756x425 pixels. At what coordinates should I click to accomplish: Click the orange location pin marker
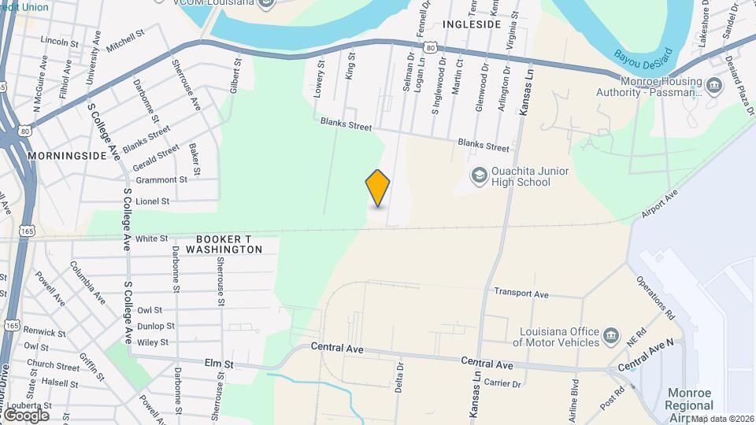click(x=378, y=187)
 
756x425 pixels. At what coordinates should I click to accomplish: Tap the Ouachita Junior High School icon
click(x=478, y=175)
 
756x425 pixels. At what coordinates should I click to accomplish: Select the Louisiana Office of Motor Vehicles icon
click(x=611, y=337)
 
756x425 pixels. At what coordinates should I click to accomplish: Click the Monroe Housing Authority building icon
click(x=714, y=85)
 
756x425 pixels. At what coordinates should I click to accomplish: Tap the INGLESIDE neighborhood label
click(x=472, y=24)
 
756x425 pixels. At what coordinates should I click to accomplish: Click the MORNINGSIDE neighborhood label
click(x=67, y=156)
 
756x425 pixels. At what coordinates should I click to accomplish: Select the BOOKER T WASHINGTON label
click(x=228, y=244)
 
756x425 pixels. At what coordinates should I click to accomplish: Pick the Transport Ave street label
click(x=521, y=293)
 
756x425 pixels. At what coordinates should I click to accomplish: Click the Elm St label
click(x=220, y=364)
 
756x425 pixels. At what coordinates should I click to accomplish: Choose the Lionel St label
click(x=153, y=201)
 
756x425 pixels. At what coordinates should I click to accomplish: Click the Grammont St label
click(x=161, y=179)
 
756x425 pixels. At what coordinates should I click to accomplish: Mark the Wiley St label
click(x=153, y=342)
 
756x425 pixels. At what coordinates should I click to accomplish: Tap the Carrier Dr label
click(x=503, y=384)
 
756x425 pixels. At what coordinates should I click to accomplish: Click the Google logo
click(x=25, y=415)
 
